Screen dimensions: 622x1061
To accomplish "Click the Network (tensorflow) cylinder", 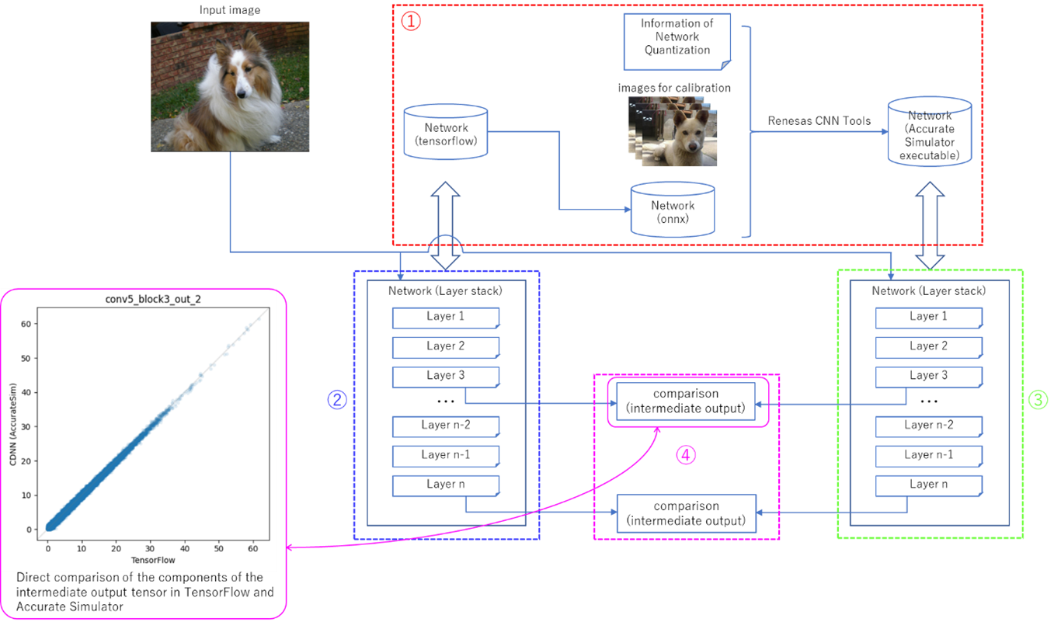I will point(446,134).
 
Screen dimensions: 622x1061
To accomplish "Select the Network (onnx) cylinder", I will point(673,210).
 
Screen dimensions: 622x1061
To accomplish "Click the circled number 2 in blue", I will point(337,399).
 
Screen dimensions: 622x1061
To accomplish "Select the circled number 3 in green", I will point(1038,399).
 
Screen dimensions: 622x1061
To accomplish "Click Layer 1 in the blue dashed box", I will point(445,317).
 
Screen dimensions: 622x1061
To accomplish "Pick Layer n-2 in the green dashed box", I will point(929,426).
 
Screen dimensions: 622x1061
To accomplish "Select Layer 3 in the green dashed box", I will point(929,376).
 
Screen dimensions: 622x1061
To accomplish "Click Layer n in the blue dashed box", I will point(445,485).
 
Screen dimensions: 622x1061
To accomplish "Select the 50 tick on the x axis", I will point(219,548).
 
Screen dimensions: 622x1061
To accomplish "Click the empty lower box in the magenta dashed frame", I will point(686,513).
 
